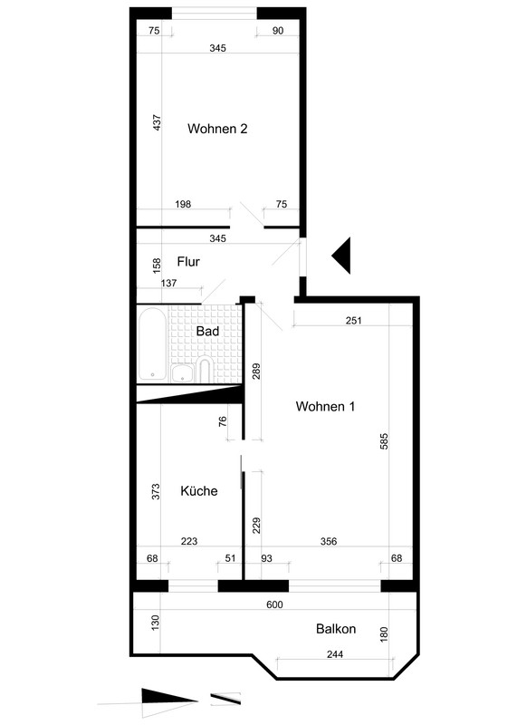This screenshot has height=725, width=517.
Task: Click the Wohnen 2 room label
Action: (x=217, y=129)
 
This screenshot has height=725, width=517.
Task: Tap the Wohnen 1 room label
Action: (x=325, y=406)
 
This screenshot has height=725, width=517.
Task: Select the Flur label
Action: (x=188, y=262)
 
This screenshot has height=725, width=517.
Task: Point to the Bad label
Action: (x=207, y=331)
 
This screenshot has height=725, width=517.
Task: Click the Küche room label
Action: (x=198, y=490)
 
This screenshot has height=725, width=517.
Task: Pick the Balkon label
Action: (x=336, y=629)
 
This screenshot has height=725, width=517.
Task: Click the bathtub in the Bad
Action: (x=152, y=343)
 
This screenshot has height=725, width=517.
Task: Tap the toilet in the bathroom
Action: (x=205, y=370)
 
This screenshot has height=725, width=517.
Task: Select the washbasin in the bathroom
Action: (x=183, y=373)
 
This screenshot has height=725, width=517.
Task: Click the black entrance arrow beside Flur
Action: (x=343, y=256)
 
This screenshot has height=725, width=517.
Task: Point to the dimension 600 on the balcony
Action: (x=274, y=604)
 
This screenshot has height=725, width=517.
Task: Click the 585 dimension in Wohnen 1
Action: (x=384, y=441)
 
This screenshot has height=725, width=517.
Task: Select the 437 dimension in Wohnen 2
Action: (x=157, y=122)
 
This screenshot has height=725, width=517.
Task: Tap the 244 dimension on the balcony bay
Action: (x=334, y=654)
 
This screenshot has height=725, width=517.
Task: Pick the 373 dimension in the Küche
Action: (x=156, y=491)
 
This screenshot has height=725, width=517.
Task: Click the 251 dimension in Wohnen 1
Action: (x=353, y=321)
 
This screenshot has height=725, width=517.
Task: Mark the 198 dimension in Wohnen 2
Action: (x=183, y=204)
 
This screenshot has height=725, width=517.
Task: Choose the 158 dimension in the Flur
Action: (x=157, y=265)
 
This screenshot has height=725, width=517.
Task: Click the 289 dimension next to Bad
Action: (x=257, y=372)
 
